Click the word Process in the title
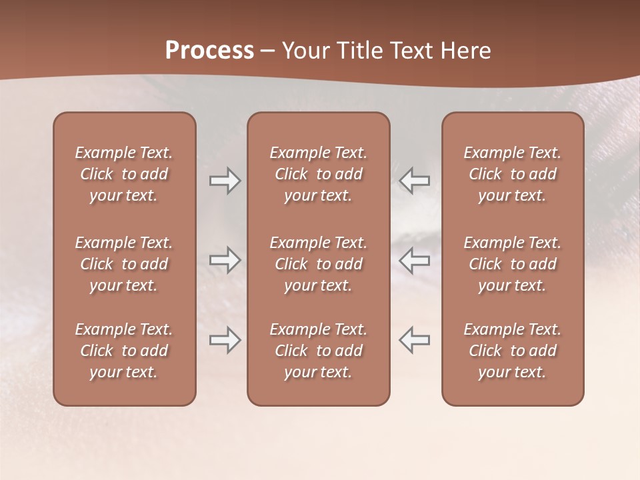point(209,51)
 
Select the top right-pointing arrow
point(225,180)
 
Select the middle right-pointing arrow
point(225,259)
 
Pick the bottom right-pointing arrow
point(225,340)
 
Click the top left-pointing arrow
point(415,180)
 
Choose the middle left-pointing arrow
point(415,259)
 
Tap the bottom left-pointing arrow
point(415,340)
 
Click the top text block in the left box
point(124,174)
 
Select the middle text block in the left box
point(124,264)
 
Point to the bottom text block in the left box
point(124,351)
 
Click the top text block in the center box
point(319,174)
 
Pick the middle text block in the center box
point(319,264)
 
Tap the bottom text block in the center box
point(319,351)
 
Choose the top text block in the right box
point(513,174)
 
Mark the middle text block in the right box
point(513,264)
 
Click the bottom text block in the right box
point(513,351)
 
